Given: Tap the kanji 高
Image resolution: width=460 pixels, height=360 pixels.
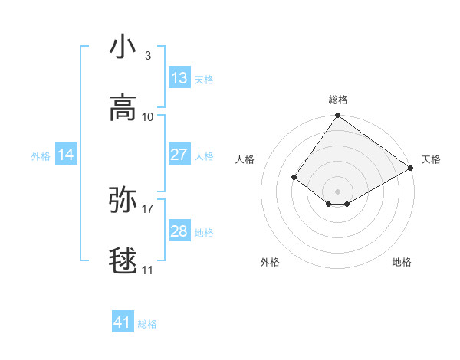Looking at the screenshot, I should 123,107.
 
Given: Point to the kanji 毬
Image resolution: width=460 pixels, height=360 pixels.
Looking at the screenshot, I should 123,261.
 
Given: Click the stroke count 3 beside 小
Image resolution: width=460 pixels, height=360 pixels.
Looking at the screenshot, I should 148,56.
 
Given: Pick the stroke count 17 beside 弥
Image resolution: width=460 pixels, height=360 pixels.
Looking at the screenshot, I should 148,208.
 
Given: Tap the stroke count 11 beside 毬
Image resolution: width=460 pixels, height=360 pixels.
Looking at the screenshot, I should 148,270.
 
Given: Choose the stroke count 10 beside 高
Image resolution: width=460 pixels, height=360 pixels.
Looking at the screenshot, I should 148,117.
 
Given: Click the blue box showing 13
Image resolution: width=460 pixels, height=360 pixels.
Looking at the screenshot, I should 179,78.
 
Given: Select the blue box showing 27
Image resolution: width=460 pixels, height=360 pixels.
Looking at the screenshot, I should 179,155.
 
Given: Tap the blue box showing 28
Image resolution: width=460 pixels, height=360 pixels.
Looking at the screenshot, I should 179,231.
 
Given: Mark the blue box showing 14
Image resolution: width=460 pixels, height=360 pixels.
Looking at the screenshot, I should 66,155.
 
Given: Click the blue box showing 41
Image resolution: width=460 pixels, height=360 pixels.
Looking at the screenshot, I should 123,322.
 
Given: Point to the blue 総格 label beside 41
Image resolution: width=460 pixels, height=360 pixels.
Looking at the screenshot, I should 147,324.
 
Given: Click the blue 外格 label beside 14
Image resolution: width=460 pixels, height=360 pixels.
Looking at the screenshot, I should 41,156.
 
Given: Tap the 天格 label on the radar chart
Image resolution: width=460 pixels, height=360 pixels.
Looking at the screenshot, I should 431,159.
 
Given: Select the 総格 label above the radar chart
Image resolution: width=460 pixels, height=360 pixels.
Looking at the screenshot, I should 338,100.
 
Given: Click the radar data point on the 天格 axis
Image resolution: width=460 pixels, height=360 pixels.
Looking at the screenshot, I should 411,168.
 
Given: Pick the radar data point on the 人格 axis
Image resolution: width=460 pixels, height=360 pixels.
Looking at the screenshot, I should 294,177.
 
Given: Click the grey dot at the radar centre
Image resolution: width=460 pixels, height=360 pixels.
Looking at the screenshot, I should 338,191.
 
